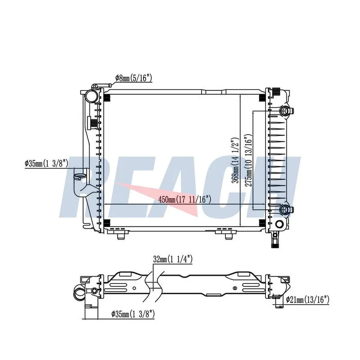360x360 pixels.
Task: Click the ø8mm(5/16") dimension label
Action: coord(133,78)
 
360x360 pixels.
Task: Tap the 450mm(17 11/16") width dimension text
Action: coord(184,199)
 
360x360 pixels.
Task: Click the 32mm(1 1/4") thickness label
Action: coord(172,260)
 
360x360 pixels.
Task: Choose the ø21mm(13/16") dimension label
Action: coord(308,300)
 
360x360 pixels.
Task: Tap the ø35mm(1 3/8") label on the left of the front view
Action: coord(46,164)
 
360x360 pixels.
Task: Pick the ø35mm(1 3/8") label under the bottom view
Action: coord(133,314)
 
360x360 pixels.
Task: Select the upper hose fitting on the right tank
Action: coord(286,111)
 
